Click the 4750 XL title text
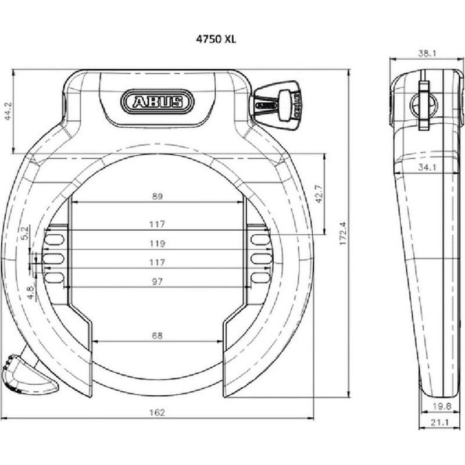[216, 39]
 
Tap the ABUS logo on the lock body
[157, 102]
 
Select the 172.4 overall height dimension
[343, 234]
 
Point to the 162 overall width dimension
[157, 412]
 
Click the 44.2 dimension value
[9, 111]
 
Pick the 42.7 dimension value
[319, 194]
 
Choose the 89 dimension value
[157, 196]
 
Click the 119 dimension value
[157, 244]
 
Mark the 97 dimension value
[157, 281]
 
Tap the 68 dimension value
[157, 336]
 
